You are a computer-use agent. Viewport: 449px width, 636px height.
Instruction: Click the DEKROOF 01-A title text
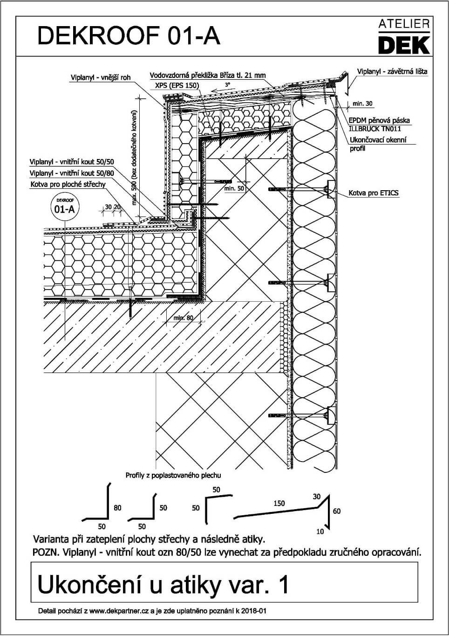[129, 36]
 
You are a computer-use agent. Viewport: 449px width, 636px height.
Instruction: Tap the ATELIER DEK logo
[403, 37]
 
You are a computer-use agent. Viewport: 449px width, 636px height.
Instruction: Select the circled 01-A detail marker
[64, 207]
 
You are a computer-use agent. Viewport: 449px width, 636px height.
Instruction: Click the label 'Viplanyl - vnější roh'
[101, 77]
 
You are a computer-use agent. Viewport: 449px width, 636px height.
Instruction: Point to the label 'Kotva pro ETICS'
[374, 193]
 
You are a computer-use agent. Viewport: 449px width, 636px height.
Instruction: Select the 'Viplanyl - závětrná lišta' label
[392, 72]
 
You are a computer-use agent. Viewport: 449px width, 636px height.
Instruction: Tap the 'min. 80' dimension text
[183, 318]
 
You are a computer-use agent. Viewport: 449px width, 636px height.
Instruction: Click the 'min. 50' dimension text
[234, 188]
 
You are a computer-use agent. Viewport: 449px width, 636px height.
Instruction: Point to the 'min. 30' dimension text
[362, 104]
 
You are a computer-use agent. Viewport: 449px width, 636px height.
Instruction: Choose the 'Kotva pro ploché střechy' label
[68, 184]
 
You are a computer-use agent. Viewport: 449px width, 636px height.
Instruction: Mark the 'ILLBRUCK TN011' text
[374, 129]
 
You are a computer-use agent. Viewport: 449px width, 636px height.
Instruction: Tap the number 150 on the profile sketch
[279, 504]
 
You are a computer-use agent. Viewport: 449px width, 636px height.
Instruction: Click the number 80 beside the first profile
[117, 507]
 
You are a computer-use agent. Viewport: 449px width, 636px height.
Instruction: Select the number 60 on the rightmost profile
[337, 511]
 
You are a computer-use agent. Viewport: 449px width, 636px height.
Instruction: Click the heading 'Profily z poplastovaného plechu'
[173, 476]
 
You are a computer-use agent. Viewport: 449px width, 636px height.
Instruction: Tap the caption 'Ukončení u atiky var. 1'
[163, 585]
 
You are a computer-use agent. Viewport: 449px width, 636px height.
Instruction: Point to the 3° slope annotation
[227, 85]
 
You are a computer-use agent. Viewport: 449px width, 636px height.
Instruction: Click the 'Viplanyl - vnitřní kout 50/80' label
[71, 173]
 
